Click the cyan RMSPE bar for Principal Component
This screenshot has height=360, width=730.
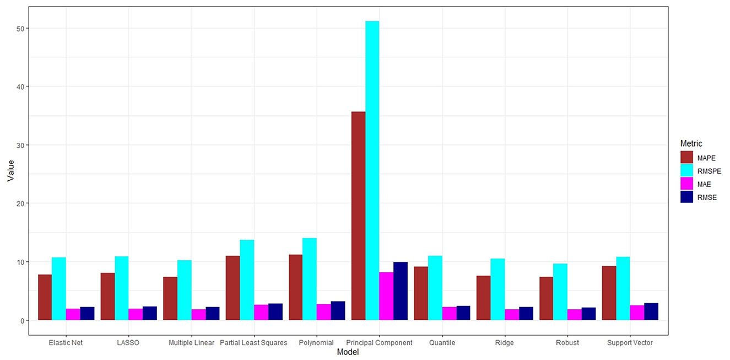coord(372,170)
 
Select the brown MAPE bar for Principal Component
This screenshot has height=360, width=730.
coord(358,216)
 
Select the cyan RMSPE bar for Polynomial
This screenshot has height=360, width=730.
coord(310,279)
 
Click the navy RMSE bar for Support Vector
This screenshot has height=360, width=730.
coord(651,311)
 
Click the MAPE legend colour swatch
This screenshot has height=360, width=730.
coord(687,158)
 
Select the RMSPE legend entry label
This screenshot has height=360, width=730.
coord(709,171)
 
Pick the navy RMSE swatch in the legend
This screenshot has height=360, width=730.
coord(687,197)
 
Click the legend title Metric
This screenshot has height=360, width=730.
coord(691,144)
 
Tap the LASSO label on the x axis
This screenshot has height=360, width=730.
coord(128,343)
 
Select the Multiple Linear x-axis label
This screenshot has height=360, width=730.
coord(191,343)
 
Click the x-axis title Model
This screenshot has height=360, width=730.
coord(348,352)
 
